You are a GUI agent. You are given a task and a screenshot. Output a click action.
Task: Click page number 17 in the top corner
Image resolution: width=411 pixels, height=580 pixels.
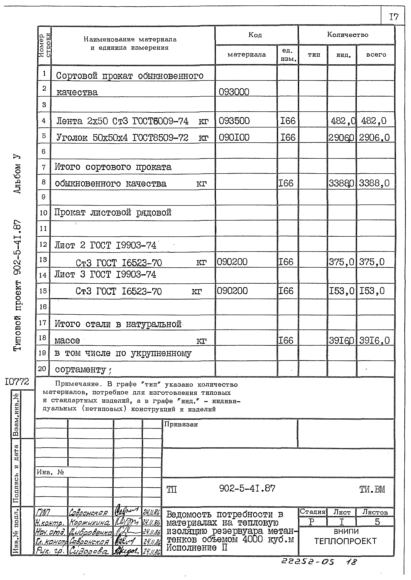[x=394, y=17]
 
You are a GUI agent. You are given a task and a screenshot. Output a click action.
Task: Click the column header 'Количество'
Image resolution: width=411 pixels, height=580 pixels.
[x=347, y=35]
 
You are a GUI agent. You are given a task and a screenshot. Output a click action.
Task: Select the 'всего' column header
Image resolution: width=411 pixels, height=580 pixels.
[x=376, y=55]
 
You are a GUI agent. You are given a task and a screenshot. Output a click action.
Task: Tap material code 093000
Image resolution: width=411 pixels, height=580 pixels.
[x=234, y=92]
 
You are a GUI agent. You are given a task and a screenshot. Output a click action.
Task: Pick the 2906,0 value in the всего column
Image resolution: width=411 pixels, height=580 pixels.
[x=374, y=138]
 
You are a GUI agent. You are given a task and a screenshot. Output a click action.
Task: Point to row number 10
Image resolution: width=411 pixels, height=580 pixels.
[x=43, y=213]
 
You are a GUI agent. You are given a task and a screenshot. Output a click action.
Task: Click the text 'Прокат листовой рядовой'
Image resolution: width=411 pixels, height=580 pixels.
[x=113, y=212]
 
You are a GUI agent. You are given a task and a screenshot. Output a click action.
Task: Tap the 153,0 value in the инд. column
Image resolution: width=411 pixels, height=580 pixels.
[x=341, y=291]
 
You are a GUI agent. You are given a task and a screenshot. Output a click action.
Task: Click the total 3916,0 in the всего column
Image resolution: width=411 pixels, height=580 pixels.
[x=374, y=341]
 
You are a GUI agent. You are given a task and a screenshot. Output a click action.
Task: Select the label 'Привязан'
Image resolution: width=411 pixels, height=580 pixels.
[x=181, y=424]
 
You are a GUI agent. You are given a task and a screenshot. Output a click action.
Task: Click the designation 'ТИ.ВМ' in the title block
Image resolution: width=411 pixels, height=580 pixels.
[x=372, y=489]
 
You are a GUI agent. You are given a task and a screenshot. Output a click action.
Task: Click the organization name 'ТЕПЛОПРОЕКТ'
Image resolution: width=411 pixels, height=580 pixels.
[x=346, y=541]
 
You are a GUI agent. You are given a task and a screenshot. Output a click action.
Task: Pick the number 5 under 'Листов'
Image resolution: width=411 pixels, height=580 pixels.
[x=377, y=522]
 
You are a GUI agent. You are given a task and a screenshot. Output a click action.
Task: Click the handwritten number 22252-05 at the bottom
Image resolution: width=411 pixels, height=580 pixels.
[x=308, y=562]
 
